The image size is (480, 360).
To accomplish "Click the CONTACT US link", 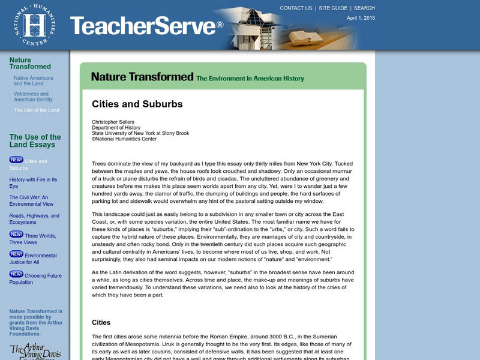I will pyautogui.click(x=296, y=8).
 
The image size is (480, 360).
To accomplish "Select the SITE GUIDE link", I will pyautogui.click(x=333, y=8).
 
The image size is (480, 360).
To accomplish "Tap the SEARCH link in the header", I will pyautogui.click(x=364, y=8).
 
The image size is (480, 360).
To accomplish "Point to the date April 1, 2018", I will pyautogui.click(x=361, y=18).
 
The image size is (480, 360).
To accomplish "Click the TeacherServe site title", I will pyautogui.click(x=146, y=26).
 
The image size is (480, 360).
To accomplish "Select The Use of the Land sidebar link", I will pyautogui.click(x=37, y=110).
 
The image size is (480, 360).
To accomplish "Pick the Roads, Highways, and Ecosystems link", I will pyautogui.click(x=34, y=219).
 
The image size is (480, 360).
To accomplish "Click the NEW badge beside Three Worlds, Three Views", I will pyautogui.click(x=16, y=234).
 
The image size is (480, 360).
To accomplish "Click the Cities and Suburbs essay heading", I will pyautogui.click(x=137, y=104).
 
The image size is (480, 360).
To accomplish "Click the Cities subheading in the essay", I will pyautogui.click(x=101, y=322).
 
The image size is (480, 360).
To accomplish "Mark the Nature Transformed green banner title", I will pyautogui.click(x=142, y=77).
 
